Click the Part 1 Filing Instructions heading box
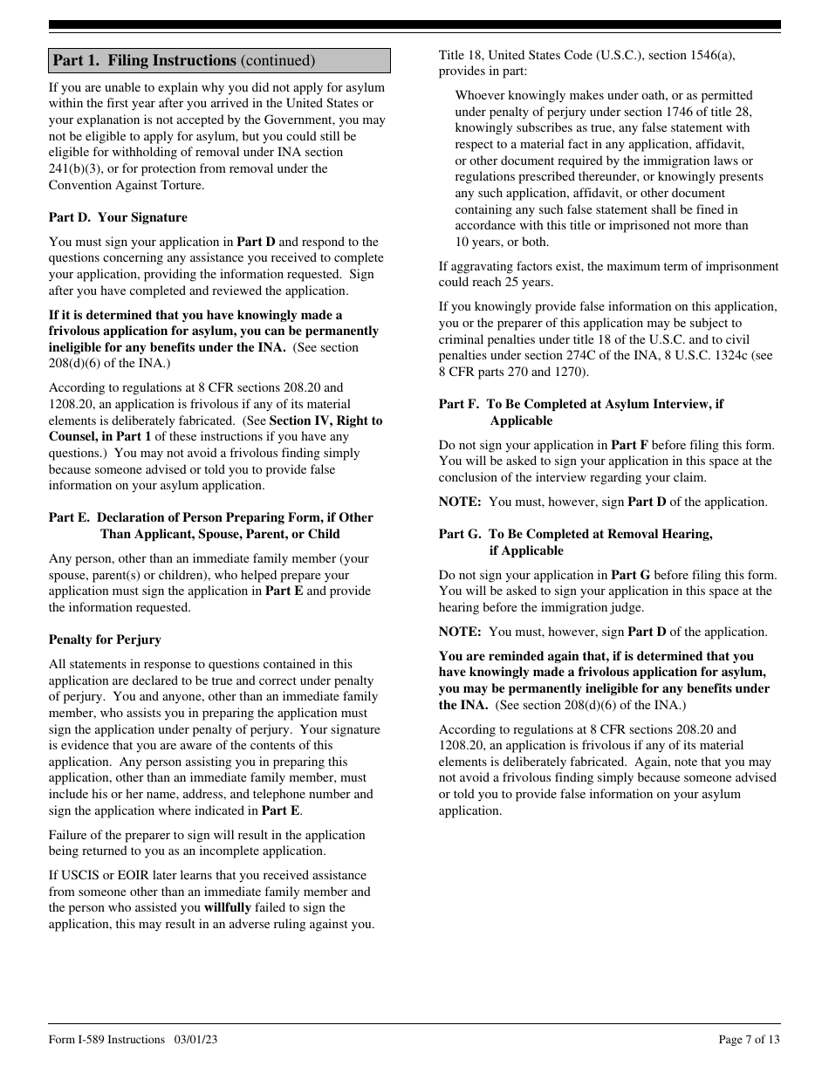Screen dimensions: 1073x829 click(219, 60)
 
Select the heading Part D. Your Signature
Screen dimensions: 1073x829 click(118, 217)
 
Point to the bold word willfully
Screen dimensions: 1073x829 click(227, 907)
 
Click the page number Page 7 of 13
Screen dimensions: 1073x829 click(749, 1039)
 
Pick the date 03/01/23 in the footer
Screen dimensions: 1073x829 click(195, 1039)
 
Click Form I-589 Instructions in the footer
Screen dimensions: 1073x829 click(106, 1039)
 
